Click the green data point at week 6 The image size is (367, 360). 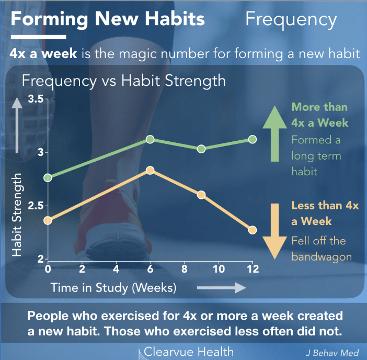click(x=150, y=139)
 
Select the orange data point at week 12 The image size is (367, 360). click(x=253, y=230)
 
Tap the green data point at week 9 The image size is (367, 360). click(x=201, y=149)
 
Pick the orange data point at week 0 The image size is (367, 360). click(x=48, y=220)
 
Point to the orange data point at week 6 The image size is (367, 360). click(x=150, y=170)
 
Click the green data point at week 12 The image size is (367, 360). click(x=253, y=139)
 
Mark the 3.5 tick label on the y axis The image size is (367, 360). click(x=36, y=99)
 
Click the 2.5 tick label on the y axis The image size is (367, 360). click(x=36, y=206)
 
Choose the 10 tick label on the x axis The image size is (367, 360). click(x=219, y=269)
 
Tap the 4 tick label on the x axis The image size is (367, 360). click(x=116, y=269)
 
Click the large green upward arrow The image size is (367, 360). click(x=275, y=133)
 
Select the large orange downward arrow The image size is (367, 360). click(x=275, y=231)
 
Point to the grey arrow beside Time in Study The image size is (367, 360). click(x=222, y=288)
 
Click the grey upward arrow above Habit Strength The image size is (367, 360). click(x=17, y=125)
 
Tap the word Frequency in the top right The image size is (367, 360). click(x=291, y=20)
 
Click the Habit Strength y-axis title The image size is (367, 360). click(x=17, y=215)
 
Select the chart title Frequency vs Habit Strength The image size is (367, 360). click(x=124, y=81)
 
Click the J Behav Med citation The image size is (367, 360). click(x=332, y=353)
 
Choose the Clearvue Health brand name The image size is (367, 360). click(x=189, y=352)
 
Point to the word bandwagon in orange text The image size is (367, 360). click(x=322, y=257)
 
